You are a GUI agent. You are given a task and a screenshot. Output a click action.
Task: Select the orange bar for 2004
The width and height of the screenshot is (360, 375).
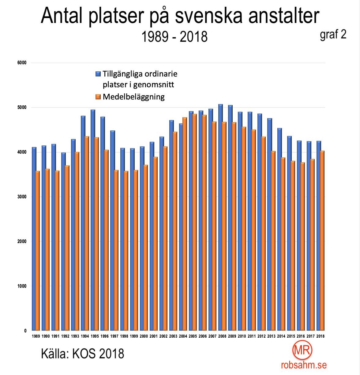185,223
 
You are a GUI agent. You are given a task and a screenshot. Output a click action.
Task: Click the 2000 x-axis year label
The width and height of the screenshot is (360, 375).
144,336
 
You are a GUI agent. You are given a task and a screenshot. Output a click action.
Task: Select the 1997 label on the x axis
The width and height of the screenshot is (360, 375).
114,336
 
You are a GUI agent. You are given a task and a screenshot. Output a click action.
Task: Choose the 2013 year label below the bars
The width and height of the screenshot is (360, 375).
271,336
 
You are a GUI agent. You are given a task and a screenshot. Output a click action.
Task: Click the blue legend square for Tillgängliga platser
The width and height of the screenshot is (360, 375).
98,74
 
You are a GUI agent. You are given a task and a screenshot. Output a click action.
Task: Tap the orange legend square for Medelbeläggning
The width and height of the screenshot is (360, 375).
98,97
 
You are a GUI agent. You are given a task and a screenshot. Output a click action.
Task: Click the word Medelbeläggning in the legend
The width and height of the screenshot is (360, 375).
133,97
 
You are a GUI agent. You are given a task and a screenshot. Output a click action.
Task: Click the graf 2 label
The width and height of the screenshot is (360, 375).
333,35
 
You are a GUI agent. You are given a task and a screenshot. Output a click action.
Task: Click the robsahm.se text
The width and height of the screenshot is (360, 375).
304,365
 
